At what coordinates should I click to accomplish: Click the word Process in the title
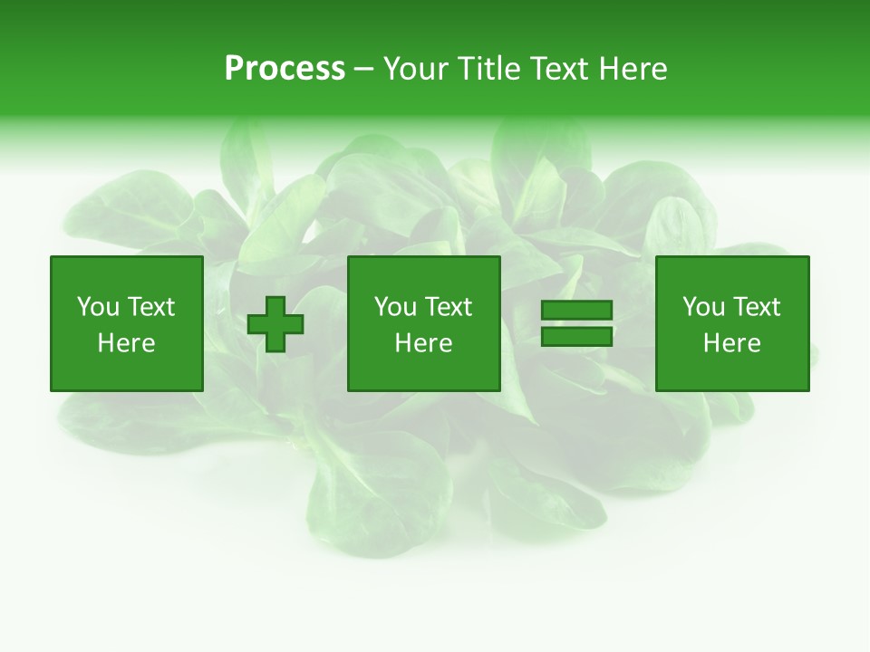click(285, 69)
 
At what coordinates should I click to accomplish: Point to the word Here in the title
click(633, 69)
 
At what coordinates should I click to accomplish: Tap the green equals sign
click(576, 324)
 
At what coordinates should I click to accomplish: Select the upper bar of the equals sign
click(576, 311)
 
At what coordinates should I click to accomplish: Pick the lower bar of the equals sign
click(576, 337)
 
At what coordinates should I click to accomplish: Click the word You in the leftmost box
click(98, 307)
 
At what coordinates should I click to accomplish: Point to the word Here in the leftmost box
click(127, 343)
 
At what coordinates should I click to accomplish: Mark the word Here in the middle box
click(424, 343)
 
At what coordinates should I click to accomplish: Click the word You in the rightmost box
click(703, 307)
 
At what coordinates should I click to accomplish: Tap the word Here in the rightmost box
click(732, 343)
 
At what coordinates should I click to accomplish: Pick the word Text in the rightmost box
click(758, 307)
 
